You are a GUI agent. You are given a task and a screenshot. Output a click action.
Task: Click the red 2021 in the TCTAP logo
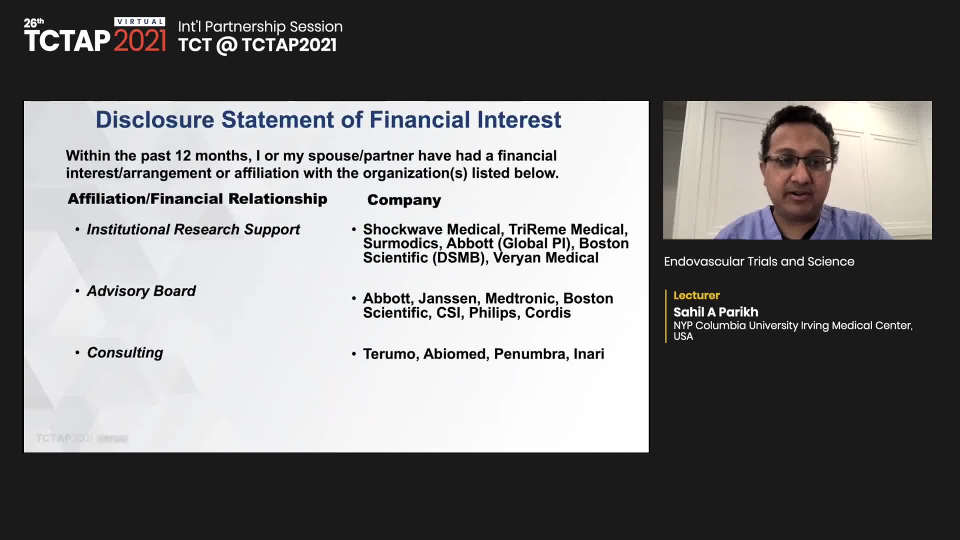(139, 40)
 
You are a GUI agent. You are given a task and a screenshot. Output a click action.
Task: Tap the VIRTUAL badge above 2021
(140, 21)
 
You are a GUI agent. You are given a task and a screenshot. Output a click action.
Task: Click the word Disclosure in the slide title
(155, 120)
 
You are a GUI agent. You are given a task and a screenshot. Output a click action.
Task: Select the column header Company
(404, 200)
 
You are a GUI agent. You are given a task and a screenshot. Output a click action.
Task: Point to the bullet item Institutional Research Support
(193, 229)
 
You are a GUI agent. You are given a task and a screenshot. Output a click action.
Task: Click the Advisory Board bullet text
(141, 291)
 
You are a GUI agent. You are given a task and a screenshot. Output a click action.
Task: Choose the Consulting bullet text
(125, 353)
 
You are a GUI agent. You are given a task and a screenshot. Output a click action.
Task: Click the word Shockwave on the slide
(403, 229)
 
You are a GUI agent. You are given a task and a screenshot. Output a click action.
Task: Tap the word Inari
(588, 354)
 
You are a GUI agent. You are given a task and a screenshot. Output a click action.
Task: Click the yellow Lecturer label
(696, 295)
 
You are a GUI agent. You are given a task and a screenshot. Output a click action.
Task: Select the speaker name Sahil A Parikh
(715, 312)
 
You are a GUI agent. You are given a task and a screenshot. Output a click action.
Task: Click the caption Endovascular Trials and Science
(759, 261)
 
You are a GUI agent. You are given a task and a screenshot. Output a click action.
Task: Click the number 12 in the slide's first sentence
(183, 156)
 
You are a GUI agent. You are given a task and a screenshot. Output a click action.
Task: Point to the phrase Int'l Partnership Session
(260, 26)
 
